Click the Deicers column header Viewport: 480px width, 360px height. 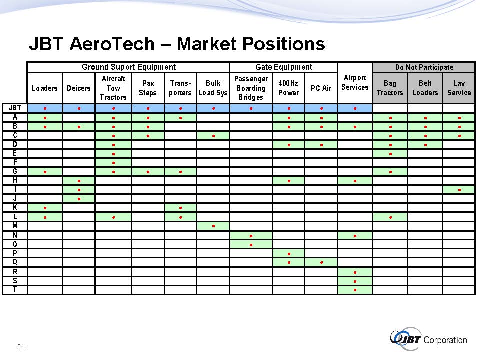tap(78, 88)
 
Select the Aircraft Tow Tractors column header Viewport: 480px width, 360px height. tap(113, 88)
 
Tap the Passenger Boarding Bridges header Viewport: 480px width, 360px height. tap(251, 88)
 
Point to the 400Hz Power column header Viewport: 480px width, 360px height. tap(288, 88)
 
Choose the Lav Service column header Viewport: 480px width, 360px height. tap(459, 88)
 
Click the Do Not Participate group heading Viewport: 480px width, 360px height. tap(424, 67)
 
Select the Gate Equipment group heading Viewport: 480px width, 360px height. tap(284, 67)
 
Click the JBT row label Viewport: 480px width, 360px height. tap(15, 108)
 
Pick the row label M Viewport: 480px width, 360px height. tap(15, 225)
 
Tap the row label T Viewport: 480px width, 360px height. tap(15, 289)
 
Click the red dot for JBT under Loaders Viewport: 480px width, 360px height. tap(45, 108)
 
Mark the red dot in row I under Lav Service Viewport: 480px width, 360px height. tap(460, 190)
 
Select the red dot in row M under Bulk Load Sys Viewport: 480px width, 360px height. tap(213, 226)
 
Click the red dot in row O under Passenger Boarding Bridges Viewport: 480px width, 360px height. tap(251, 245)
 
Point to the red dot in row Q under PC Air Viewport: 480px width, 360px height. tap(321, 262)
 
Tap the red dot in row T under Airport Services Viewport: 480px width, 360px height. tap(355, 290)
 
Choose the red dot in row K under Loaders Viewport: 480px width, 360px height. tap(45, 208)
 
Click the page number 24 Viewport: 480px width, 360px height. tap(21, 347)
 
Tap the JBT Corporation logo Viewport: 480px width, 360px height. tap(428, 339)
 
